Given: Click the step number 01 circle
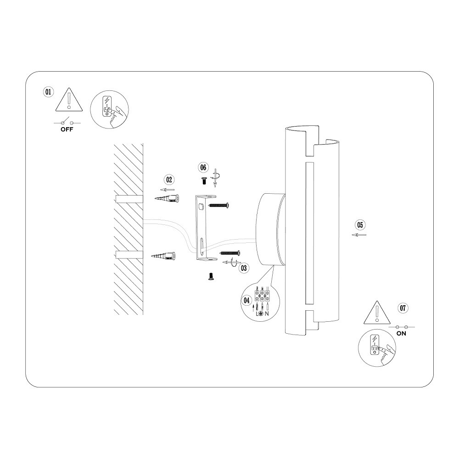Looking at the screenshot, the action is [48, 92].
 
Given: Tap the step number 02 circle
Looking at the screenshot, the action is [169, 179].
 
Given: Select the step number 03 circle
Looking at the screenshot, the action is [244, 268].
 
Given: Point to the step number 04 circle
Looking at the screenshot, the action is [247, 300].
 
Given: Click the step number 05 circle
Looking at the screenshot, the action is [360, 225].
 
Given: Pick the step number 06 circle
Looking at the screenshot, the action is [203, 168].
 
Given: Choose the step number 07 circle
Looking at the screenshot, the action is [403, 308].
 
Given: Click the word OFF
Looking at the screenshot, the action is [67, 129].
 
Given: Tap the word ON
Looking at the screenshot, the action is [401, 333].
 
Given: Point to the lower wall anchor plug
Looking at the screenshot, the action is [163, 256].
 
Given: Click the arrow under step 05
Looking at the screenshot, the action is [359, 235].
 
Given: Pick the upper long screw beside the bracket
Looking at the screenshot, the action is [218, 206].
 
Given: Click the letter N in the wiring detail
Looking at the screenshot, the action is [267, 314].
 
